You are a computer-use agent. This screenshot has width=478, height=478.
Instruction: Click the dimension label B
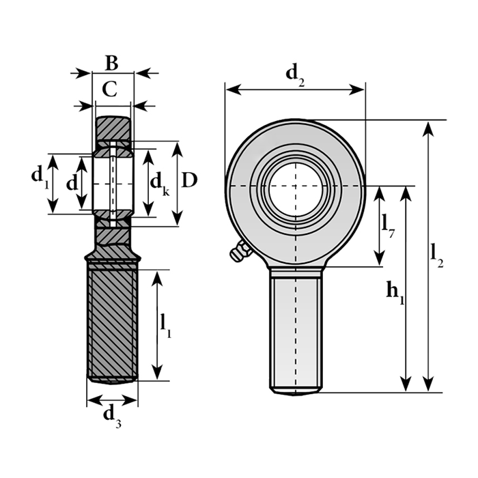pyautogui.click(x=111, y=63)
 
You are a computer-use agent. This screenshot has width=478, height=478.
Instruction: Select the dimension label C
pyautogui.click(x=110, y=89)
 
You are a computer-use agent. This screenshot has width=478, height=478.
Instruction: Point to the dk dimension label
pyautogui.click(x=160, y=184)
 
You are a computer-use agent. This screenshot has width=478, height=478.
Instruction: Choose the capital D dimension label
pyautogui.click(x=189, y=180)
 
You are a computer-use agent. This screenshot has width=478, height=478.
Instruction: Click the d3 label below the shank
pyautogui.click(x=112, y=418)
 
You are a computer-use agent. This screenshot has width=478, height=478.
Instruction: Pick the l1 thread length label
pyautogui.click(x=166, y=326)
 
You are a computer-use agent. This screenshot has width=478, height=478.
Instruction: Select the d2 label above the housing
pyautogui.click(x=295, y=76)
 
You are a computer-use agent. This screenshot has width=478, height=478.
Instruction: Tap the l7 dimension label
pyautogui.click(x=388, y=226)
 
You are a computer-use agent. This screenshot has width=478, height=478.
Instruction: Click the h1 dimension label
pyautogui.click(x=395, y=293)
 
